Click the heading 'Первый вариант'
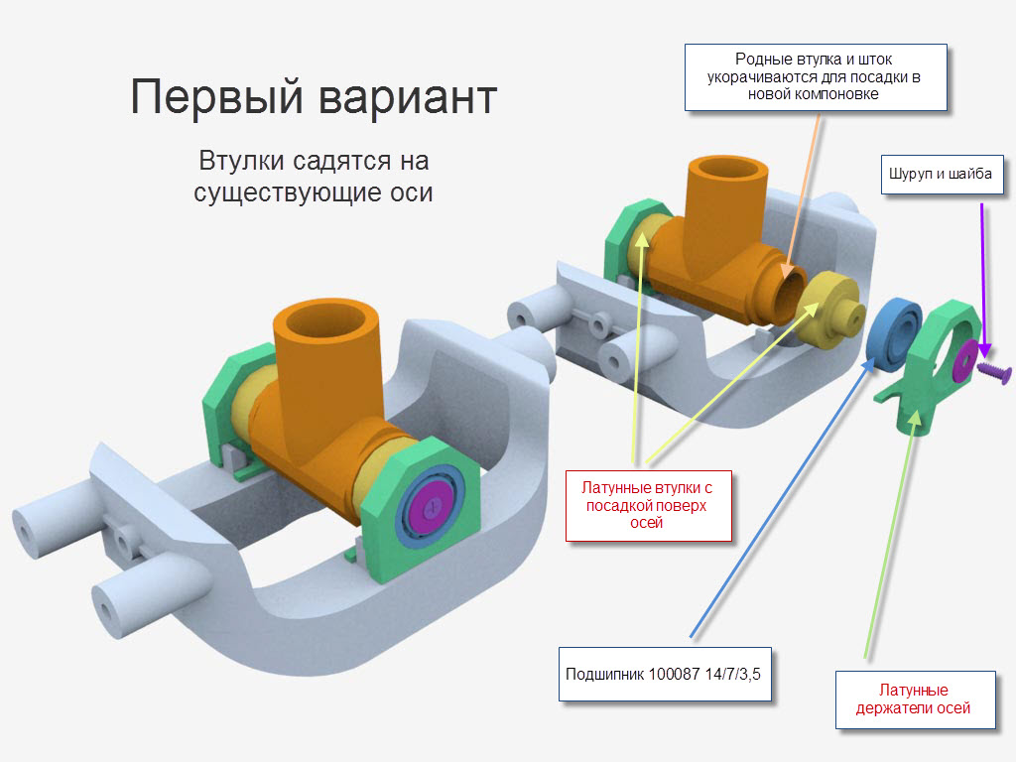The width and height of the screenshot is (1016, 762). [x=314, y=97]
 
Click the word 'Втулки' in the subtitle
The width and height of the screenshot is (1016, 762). [x=240, y=161]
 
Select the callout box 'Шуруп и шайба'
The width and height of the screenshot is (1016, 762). [x=942, y=175]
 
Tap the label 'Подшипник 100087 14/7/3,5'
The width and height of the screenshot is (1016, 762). [x=665, y=674]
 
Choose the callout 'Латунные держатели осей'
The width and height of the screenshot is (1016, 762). [x=914, y=699]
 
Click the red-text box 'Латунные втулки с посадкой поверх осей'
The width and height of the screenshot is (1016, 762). [x=648, y=505]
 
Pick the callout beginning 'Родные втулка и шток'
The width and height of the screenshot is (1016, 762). [x=816, y=77]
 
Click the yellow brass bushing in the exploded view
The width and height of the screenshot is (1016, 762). [x=829, y=310]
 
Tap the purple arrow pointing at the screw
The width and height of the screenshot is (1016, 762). [x=983, y=280]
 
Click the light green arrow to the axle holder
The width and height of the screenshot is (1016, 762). [x=890, y=535]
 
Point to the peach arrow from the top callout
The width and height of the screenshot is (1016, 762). [x=802, y=197]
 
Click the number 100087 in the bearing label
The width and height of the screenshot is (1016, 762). [x=674, y=674]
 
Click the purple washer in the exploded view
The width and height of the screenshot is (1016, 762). [x=964, y=359]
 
